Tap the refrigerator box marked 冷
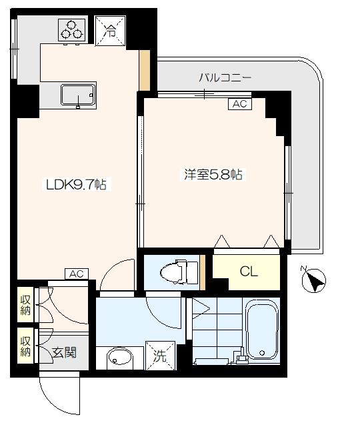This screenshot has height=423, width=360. [109, 29]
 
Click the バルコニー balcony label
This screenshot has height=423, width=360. [225, 78]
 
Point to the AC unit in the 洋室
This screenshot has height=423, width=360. [239, 103]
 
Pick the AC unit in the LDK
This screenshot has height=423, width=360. [77, 274]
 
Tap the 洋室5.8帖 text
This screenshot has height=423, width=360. [213, 175]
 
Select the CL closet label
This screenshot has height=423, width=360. [248, 272]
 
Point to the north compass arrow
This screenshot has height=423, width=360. [314, 282]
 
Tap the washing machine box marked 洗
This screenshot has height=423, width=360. [161, 355]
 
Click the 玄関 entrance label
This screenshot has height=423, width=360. [65, 352]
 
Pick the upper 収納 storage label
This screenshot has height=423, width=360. [25, 304]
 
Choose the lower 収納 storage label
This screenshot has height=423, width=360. [25, 346]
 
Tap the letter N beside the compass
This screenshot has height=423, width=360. [305, 270]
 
